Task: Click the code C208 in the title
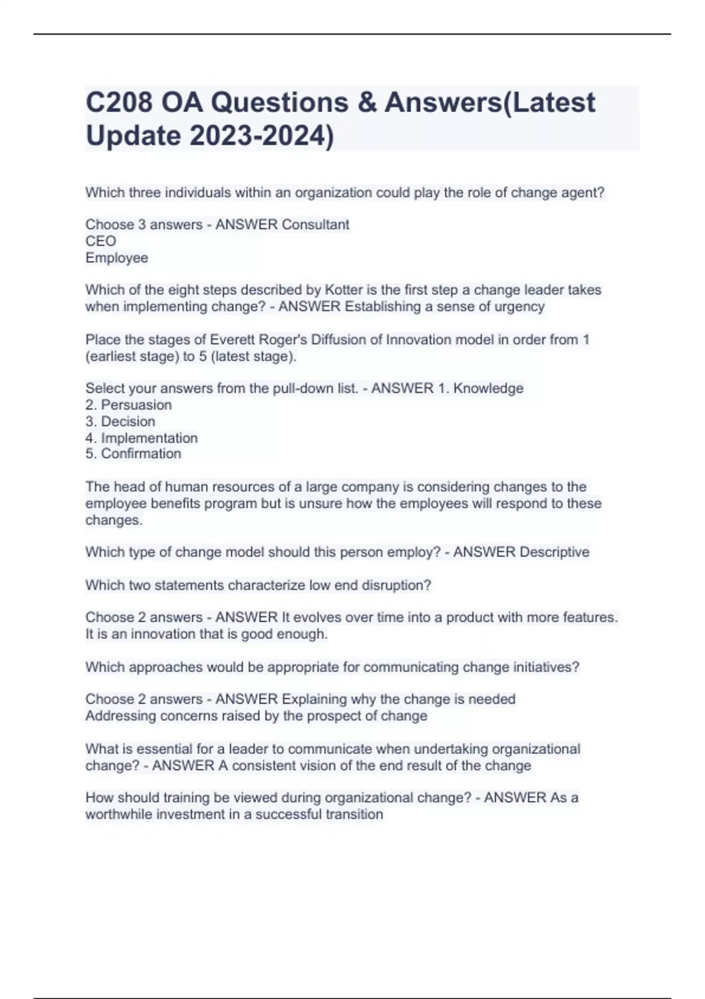[x=119, y=102]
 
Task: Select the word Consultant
[x=315, y=224]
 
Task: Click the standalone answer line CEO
[x=101, y=241]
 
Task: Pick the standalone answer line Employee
[x=117, y=258]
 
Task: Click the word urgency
[x=519, y=307]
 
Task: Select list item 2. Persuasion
[x=129, y=405]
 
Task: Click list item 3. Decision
[x=120, y=421]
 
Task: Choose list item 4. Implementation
[x=142, y=438]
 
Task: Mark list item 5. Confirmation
[x=133, y=454]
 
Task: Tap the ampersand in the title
[x=366, y=102]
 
